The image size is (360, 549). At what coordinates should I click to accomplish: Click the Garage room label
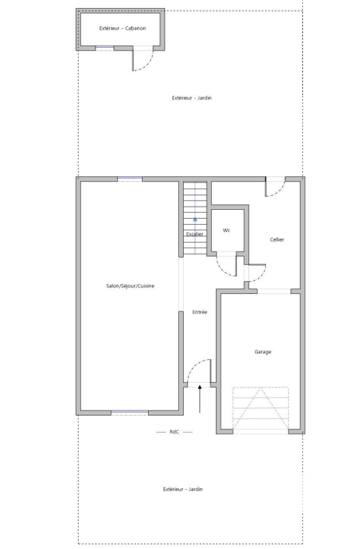[262, 352]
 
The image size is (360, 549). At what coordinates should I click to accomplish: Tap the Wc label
[227, 230]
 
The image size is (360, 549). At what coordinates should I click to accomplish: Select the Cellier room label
[277, 240]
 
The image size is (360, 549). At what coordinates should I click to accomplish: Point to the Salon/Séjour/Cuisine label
[130, 286]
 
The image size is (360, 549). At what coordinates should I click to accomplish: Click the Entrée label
[200, 312]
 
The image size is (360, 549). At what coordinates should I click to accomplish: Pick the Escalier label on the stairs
[194, 234]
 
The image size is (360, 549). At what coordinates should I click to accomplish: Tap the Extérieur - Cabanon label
[122, 28]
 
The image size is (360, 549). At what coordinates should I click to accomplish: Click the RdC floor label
[174, 432]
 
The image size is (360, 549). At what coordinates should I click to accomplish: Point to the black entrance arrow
[200, 399]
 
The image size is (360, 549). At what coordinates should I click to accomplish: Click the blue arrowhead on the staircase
[195, 219]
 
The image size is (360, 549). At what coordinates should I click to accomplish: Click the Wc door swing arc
[224, 270]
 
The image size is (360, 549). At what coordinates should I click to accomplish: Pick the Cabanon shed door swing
[147, 65]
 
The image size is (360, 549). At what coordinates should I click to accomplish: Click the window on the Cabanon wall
[105, 47]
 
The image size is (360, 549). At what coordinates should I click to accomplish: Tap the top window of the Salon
[130, 179]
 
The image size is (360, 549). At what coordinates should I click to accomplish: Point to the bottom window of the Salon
[130, 412]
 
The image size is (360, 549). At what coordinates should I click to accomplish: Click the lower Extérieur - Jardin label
[183, 489]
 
